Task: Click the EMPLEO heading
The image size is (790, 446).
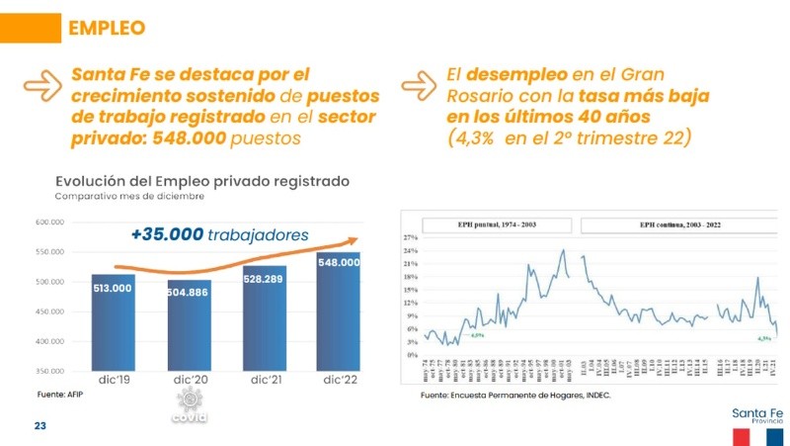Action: point(106,30)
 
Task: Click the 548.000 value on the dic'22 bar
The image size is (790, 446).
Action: point(338,263)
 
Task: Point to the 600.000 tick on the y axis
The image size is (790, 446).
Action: point(49,223)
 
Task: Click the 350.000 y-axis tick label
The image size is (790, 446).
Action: point(49,371)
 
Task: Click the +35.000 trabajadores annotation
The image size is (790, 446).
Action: point(219,235)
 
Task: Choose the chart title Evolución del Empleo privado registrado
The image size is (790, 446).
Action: point(202,181)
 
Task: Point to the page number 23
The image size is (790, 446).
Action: point(41,426)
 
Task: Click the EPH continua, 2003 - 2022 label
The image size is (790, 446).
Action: point(678,224)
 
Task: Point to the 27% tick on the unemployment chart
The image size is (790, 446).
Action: point(410,239)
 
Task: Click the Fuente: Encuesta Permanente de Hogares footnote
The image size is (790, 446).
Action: point(515,396)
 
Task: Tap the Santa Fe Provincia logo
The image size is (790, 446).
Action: point(756,423)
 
